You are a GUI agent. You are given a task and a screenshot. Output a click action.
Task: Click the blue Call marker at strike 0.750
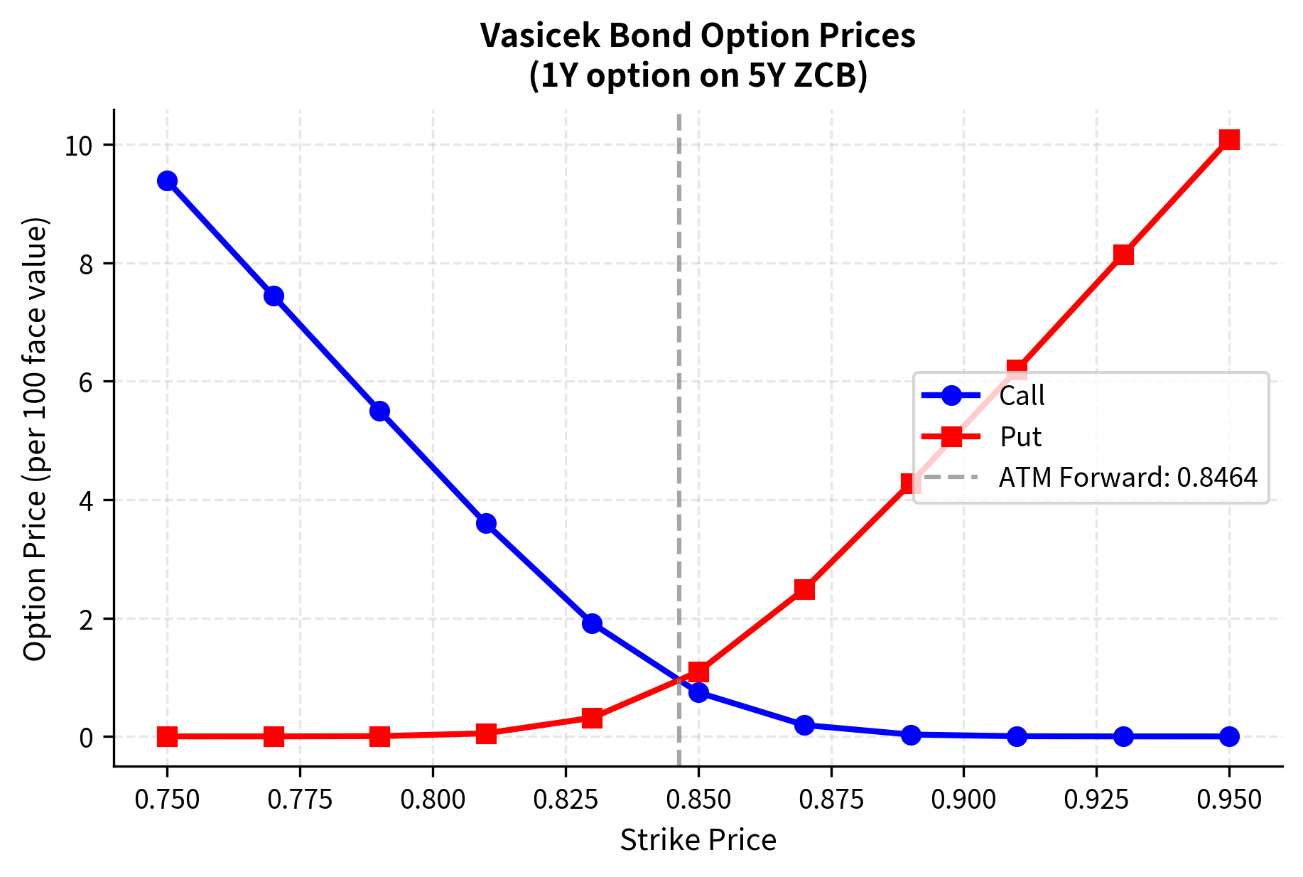167,181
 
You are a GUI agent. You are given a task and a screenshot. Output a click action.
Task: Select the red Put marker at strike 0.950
1229,139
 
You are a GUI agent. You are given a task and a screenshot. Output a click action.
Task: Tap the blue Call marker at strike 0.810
486,523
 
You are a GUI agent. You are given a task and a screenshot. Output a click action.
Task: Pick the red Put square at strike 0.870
804,588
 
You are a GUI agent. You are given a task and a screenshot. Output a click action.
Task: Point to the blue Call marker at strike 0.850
698,692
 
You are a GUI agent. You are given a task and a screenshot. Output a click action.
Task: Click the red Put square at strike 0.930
1123,254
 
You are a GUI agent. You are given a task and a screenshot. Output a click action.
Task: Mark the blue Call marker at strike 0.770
274,296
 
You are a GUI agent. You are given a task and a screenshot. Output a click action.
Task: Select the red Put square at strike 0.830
592,718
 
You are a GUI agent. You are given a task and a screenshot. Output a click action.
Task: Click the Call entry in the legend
1021,396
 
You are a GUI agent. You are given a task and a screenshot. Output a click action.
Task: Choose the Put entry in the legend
1020,437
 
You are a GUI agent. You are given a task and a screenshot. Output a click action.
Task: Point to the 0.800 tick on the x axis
433,800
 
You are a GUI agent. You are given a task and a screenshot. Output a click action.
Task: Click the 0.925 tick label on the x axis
1096,800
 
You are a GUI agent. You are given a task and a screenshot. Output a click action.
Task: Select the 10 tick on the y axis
79,146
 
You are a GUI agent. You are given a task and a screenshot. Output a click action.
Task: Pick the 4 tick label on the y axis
86,500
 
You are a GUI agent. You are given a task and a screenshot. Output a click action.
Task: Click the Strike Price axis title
698,841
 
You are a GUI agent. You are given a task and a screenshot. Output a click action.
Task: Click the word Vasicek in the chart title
539,36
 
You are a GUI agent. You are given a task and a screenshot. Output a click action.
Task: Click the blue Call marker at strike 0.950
1229,736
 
